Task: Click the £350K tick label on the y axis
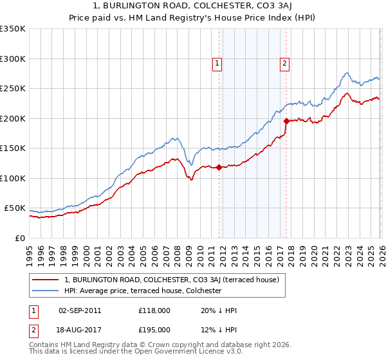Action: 13,29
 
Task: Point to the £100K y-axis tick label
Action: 13,178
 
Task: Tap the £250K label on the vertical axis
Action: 13,89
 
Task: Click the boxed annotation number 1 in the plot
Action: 218,63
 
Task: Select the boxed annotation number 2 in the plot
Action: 284,63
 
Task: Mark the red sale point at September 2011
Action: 219,168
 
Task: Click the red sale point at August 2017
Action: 286,120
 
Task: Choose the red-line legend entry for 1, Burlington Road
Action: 171,280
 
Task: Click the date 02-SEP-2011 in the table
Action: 80,310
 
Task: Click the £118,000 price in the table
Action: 154,310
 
